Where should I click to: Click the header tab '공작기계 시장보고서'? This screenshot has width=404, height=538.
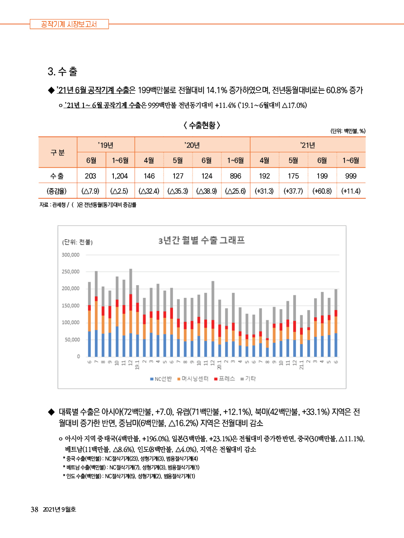point(69,24)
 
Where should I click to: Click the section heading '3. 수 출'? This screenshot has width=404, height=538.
point(63,71)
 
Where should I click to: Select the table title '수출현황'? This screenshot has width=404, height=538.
point(202,125)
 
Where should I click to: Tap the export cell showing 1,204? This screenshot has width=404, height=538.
point(120,176)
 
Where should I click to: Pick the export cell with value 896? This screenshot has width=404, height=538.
point(235,176)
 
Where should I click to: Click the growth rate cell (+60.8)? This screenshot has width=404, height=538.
point(322,191)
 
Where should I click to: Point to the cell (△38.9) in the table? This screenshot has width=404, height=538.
point(207,191)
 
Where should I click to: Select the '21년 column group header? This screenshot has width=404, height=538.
point(308,145)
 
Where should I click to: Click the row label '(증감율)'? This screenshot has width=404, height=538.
point(57,191)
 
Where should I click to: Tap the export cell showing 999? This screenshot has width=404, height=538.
point(351,176)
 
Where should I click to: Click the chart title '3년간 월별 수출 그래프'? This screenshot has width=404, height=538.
point(201,240)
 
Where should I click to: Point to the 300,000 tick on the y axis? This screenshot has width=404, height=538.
point(71,254)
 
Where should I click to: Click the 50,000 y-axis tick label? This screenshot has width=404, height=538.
point(72,340)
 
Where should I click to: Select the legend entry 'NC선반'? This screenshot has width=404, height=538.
point(161,379)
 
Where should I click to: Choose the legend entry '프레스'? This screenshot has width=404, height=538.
point(225,379)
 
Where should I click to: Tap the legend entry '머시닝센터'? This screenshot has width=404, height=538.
point(193,379)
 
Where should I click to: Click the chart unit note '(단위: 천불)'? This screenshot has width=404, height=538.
point(77,242)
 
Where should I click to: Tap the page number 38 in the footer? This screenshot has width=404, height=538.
point(34,510)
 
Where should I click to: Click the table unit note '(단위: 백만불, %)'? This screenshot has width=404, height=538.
point(348,131)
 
